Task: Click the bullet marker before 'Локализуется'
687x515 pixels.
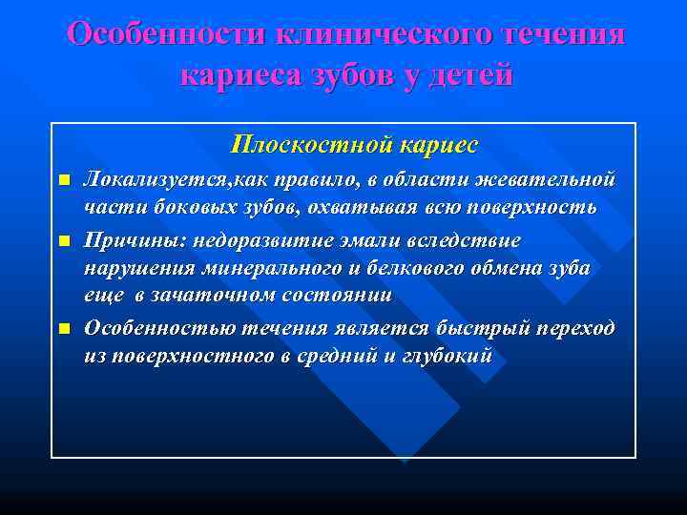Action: coord(64,181)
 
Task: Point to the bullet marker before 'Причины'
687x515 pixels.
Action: coord(64,240)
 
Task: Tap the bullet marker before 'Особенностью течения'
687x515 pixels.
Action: coord(64,329)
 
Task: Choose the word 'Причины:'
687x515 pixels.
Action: coord(128,239)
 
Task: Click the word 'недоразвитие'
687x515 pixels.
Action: coord(245,239)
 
